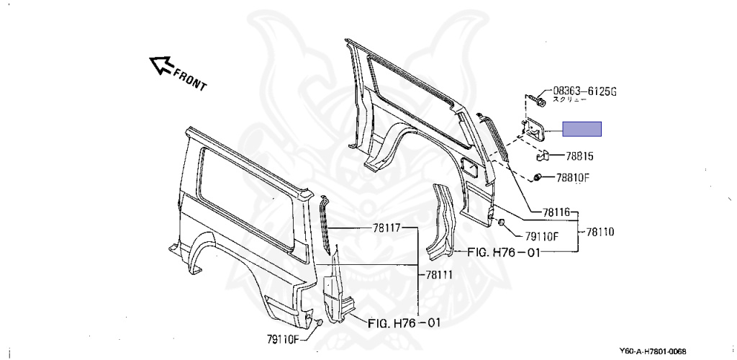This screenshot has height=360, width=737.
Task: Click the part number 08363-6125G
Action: click(x=585, y=91)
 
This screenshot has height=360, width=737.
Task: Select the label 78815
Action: click(x=584, y=156)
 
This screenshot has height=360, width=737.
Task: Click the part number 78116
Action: click(x=556, y=212)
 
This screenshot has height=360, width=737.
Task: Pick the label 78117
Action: click(x=386, y=227)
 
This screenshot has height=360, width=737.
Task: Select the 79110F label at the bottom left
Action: click(x=283, y=336)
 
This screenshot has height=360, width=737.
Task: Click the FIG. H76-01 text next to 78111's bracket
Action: click(x=404, y=323)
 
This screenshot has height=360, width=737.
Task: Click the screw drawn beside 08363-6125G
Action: click(x=536, y=100)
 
